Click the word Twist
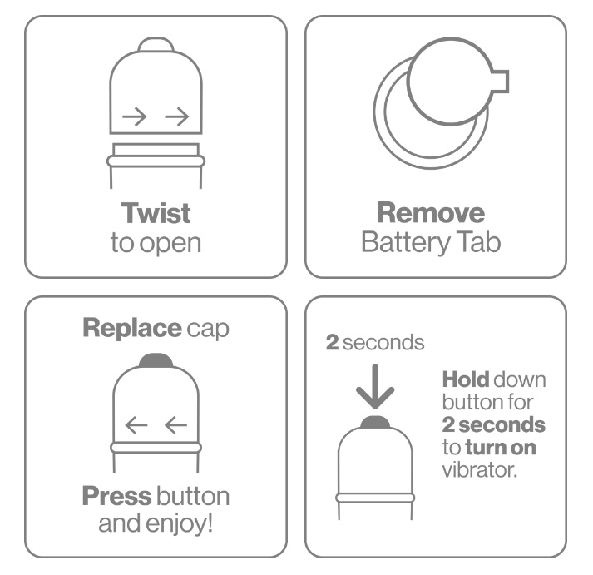click(156, 213)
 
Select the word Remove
click(431, 213)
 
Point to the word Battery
click(405, 242)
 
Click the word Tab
click(479, 241)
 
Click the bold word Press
click(117, 496)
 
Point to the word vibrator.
click(480, 470)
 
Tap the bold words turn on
click(501, 448)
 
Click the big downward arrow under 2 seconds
click(375, 386)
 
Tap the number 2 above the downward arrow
click(332, 342)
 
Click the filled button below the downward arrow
click(375, 422)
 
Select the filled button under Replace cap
click(156, 360)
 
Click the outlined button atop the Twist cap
click(156, 44)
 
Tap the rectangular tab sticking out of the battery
click(500, 81)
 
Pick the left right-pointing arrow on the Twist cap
click(134, 116)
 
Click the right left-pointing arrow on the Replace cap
click(176, 425)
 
